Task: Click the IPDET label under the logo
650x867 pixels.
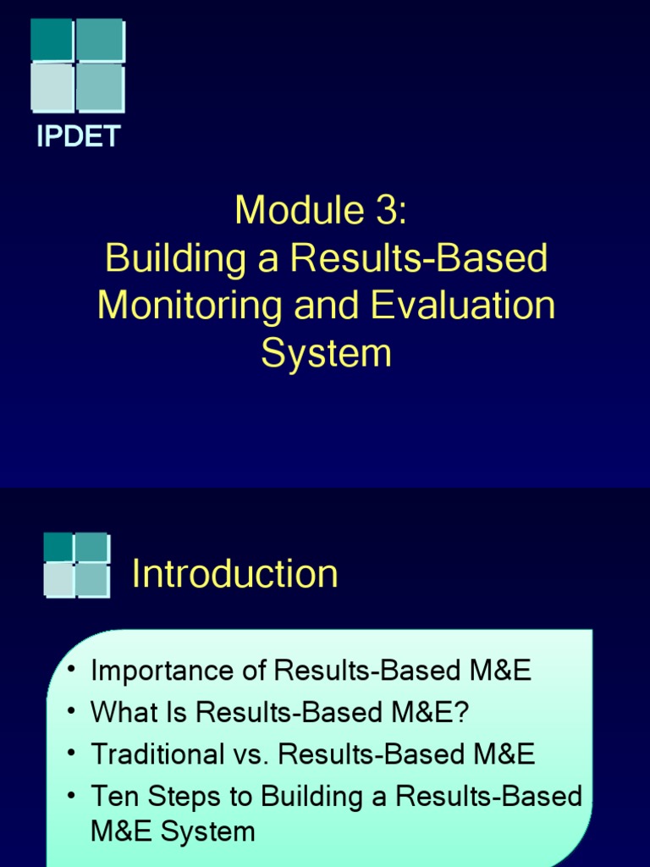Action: point(78,137)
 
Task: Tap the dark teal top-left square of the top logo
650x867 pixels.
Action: point(52,40)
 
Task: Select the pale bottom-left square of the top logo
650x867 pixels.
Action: point(52,88)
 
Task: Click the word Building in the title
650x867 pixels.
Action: point(161,258)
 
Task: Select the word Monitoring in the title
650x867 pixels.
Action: point(189,306)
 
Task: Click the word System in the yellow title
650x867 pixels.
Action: point(326,353)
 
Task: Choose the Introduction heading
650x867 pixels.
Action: point(235,574)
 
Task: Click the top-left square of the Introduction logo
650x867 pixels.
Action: point(58,547)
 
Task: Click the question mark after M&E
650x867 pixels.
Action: point(461,713)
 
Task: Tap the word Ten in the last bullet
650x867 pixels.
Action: point(113,797)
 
